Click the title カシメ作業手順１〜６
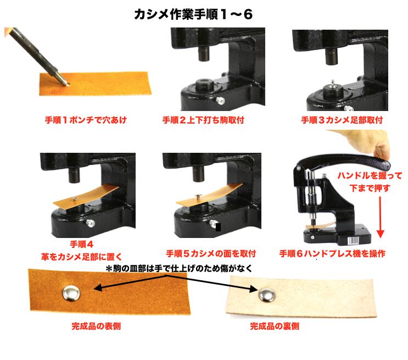[x=193, y=14]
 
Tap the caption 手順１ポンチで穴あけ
[x=86, y=120]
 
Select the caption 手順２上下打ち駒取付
[x=203, y=120]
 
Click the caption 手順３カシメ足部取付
[x=342, y=120]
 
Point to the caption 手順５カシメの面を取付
[x=211, y=253]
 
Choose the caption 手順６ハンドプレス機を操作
[x=332, y=253]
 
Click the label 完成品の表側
[x=96, y=326]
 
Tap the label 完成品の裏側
[x=275, y=326]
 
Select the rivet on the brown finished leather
[x=71, y=293]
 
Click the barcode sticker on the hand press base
[x=353, y=240]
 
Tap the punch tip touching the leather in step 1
[x=67, y=84]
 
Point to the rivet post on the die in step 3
[x=333, y=84]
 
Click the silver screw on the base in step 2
[x=220, y=101]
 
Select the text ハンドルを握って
[x=370, y=175]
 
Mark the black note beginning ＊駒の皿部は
[x=179, y=268]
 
